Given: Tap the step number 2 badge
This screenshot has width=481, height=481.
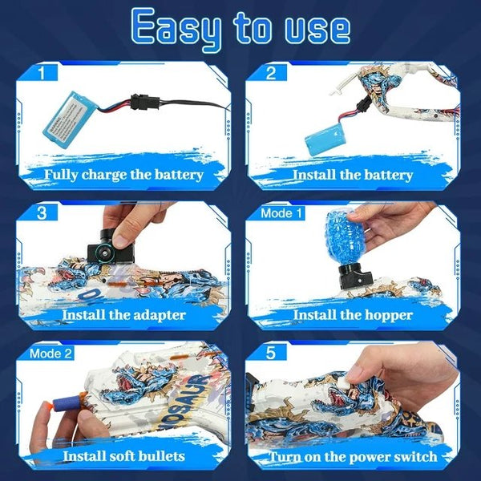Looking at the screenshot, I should click(271, 74).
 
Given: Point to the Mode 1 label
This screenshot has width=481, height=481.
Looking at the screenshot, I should click(281, 213).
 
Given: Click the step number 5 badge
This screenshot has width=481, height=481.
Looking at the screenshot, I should click(271, 353).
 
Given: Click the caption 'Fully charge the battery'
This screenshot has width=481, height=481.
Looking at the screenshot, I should click(124, 174).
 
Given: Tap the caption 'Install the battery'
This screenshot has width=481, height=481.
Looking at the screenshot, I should click(353, 174).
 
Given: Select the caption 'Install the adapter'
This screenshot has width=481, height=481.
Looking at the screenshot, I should click(123, 314).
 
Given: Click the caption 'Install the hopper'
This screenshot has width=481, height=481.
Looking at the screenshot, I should click(353, 314).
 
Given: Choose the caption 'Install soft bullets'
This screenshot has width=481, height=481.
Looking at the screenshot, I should click(124, 456).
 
